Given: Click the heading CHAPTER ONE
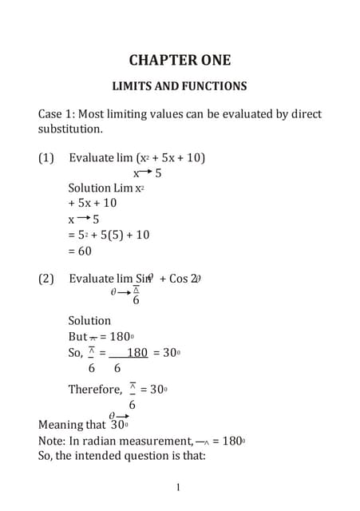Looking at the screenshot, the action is point(180,60).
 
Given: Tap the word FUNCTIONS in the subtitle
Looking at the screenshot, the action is point(212,86).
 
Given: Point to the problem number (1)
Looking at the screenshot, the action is point(46,157).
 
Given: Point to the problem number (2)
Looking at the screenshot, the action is point(46,279).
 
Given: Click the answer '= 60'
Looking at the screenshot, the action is point(80,251).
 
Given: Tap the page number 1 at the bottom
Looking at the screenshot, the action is point(179,487).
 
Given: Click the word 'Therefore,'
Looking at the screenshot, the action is point(93,390).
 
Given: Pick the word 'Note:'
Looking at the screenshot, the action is point(52,440).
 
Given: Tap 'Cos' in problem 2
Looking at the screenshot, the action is point(179,279).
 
